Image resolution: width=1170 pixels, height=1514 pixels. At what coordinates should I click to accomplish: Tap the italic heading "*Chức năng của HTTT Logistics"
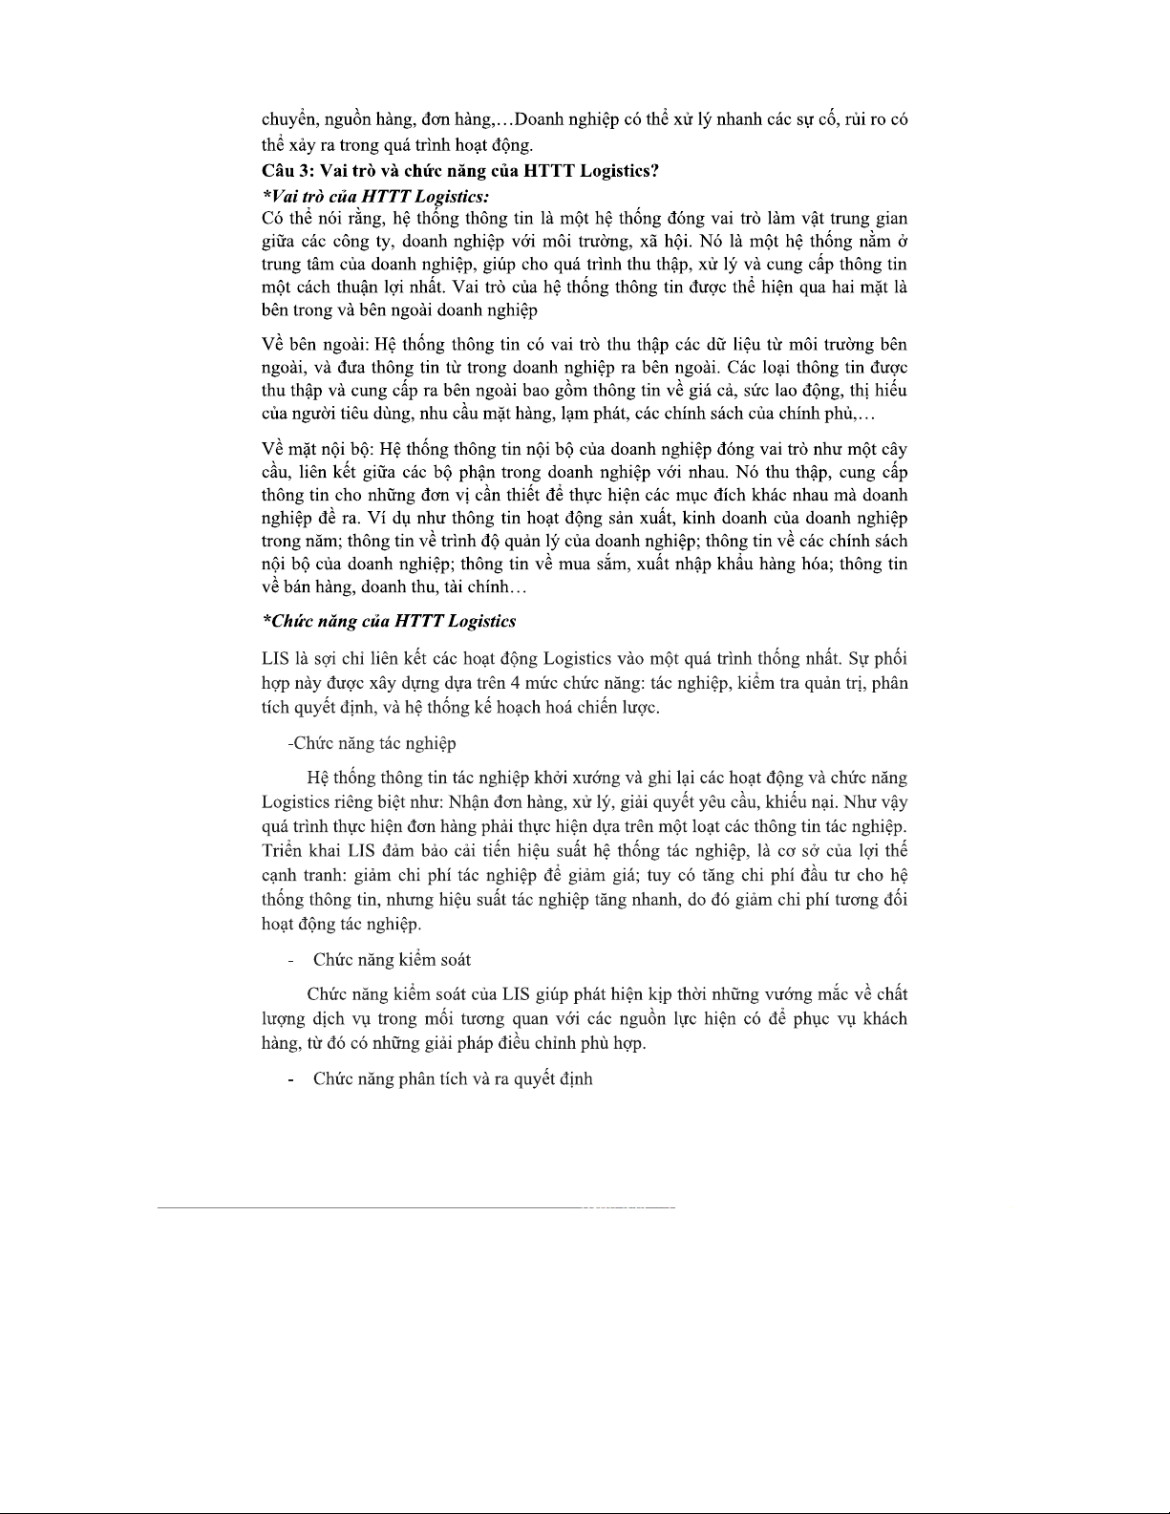389,622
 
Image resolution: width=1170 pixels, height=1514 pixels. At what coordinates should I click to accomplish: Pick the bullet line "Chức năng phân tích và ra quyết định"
453,1079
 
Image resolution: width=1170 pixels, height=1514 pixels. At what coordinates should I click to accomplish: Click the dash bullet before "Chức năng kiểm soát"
290,960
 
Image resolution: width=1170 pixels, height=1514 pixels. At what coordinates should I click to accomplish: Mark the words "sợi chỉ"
338,659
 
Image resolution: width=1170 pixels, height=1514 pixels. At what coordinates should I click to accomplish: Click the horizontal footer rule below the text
416,1209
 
